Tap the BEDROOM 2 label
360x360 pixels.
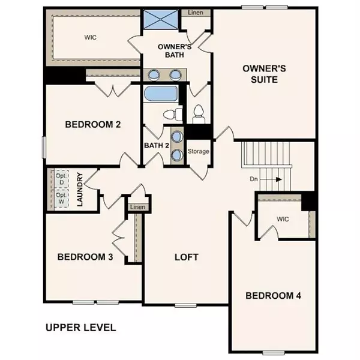(93, 125)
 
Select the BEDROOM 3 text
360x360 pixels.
(85, 257)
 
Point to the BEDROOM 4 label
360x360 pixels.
(274, 295)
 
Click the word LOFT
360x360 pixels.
(186, 257)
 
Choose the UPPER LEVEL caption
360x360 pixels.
(80, 328)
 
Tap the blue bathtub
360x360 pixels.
(161, 94)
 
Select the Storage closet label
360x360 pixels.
(199, 151)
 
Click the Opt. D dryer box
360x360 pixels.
(61, 179)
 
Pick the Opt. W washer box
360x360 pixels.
(61, 199)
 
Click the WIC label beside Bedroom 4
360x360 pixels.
(283, 219)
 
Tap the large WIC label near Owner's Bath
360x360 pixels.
(91, 37)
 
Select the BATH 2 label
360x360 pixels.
(157, 145)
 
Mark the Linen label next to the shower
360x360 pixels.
(195, 13)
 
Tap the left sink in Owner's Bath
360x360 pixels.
(155, 75)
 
